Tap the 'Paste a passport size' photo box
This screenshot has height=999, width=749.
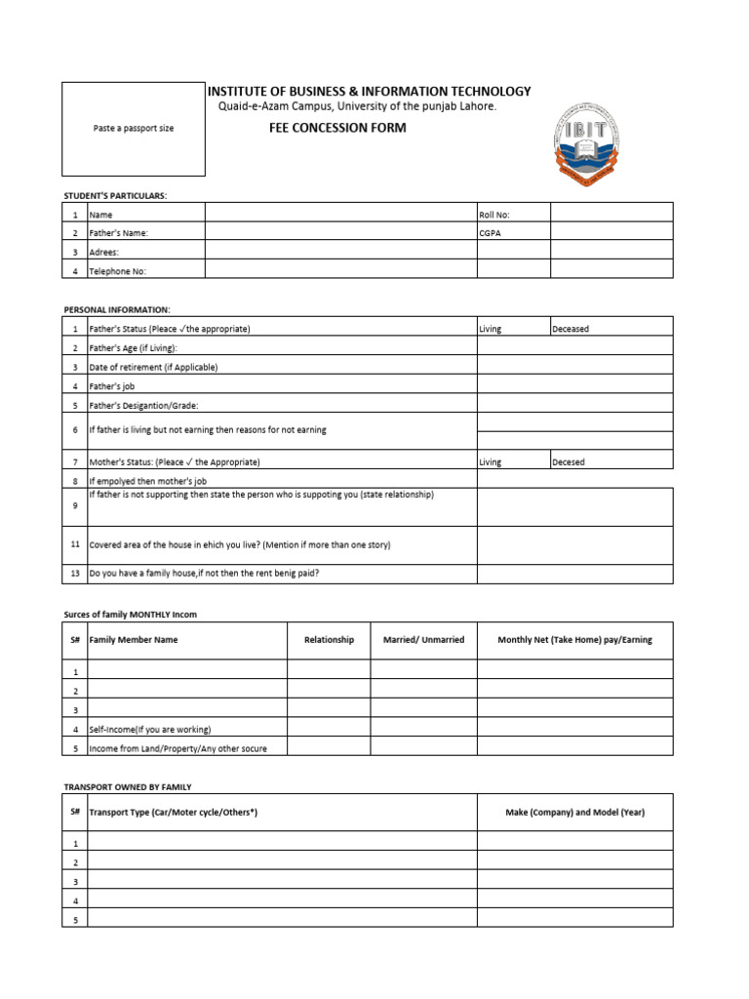(134, 128)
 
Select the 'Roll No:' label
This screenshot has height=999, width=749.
(494, 215)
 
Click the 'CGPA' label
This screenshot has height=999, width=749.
(490, 233)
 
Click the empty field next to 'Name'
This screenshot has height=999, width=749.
(340, 214)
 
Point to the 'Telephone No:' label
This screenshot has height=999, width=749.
(118, 271)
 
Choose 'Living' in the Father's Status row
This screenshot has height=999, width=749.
(491, 329)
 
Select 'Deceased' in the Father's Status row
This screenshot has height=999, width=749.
(571, 329)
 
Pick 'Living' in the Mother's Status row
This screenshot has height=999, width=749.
(491, 461)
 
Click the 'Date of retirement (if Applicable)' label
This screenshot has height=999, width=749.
(153, 367)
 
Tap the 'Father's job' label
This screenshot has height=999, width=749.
(111, 385)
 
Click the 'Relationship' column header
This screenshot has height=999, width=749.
(329, 640)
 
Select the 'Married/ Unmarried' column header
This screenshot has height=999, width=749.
(423, 640)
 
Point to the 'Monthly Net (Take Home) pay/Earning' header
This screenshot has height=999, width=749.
(574, 640)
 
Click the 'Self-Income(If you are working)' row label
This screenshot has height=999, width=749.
(150, 729)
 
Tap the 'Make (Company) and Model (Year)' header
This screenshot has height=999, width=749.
(574, 812)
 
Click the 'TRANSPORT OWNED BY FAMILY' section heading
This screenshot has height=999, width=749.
(128, 786)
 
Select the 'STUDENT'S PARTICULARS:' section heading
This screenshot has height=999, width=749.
(116, 195)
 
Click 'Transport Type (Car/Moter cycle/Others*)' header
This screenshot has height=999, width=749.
(174, 812)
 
